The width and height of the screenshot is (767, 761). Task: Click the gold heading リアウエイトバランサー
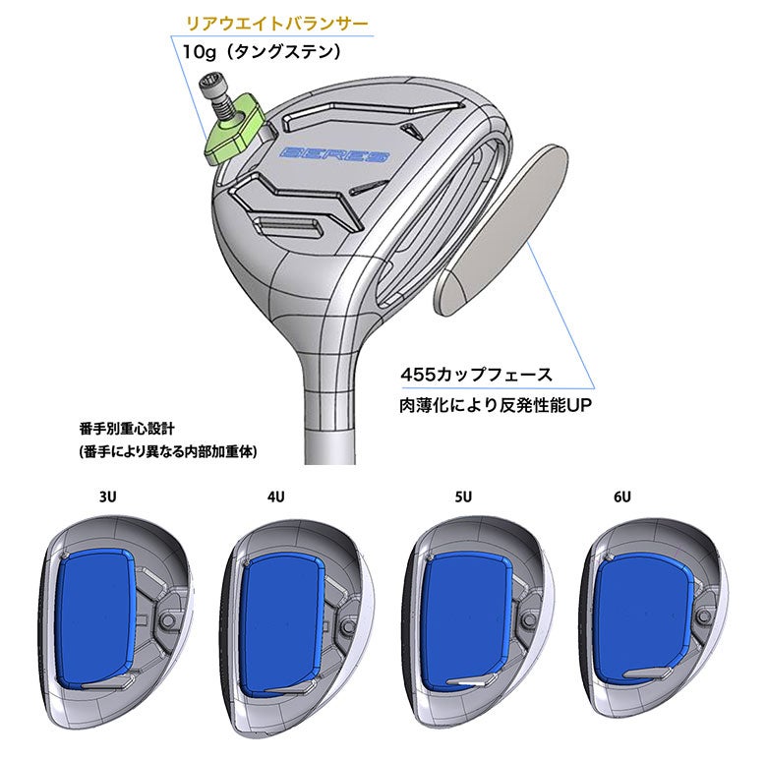[277, 24]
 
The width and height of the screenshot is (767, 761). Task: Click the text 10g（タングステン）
[263, 52]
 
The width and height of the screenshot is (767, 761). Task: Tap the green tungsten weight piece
[233, 130]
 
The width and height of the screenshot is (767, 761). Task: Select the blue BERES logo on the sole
[335, 154]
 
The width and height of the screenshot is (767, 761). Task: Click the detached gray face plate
[501, 228]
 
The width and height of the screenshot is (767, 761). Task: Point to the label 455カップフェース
[477, 376]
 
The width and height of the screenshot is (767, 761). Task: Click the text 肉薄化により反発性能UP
[496, 405]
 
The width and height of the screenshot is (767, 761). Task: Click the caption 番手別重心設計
[127, 430]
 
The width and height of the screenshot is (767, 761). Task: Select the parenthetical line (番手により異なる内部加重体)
[168, 451]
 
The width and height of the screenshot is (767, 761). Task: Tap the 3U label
[107, 497]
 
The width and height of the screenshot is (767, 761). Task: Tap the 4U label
[276, 497]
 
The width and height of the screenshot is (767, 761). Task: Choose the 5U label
[463, 497]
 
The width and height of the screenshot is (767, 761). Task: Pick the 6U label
[622, 497]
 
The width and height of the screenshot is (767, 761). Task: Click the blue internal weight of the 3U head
[95, 618]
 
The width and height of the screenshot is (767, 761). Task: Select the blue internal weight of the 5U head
[467, 623]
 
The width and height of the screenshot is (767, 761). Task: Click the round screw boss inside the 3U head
[168, 620]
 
